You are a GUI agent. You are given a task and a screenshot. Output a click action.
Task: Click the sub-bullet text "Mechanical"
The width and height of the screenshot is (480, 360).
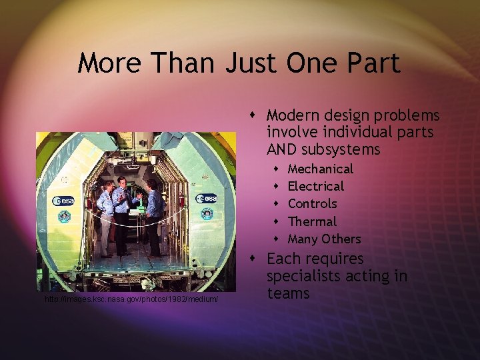(320, 169)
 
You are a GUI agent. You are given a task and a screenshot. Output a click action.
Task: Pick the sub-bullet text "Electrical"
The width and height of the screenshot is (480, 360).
(315, 186)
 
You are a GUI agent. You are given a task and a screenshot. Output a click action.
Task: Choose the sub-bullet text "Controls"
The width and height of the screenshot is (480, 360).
(312, 203)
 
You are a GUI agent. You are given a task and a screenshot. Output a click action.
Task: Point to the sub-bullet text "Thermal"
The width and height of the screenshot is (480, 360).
(312, 221)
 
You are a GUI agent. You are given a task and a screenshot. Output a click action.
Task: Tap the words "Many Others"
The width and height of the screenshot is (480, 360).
(324, 239)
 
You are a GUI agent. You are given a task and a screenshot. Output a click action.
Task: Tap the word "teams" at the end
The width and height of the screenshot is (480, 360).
(288, 293)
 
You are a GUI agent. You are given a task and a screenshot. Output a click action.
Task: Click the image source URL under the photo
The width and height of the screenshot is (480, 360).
(131, 300)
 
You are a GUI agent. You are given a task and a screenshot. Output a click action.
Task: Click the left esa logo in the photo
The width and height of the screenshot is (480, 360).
(65, 201)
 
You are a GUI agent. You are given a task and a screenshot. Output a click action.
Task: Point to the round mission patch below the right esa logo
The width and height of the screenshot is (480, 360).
(207, 213)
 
